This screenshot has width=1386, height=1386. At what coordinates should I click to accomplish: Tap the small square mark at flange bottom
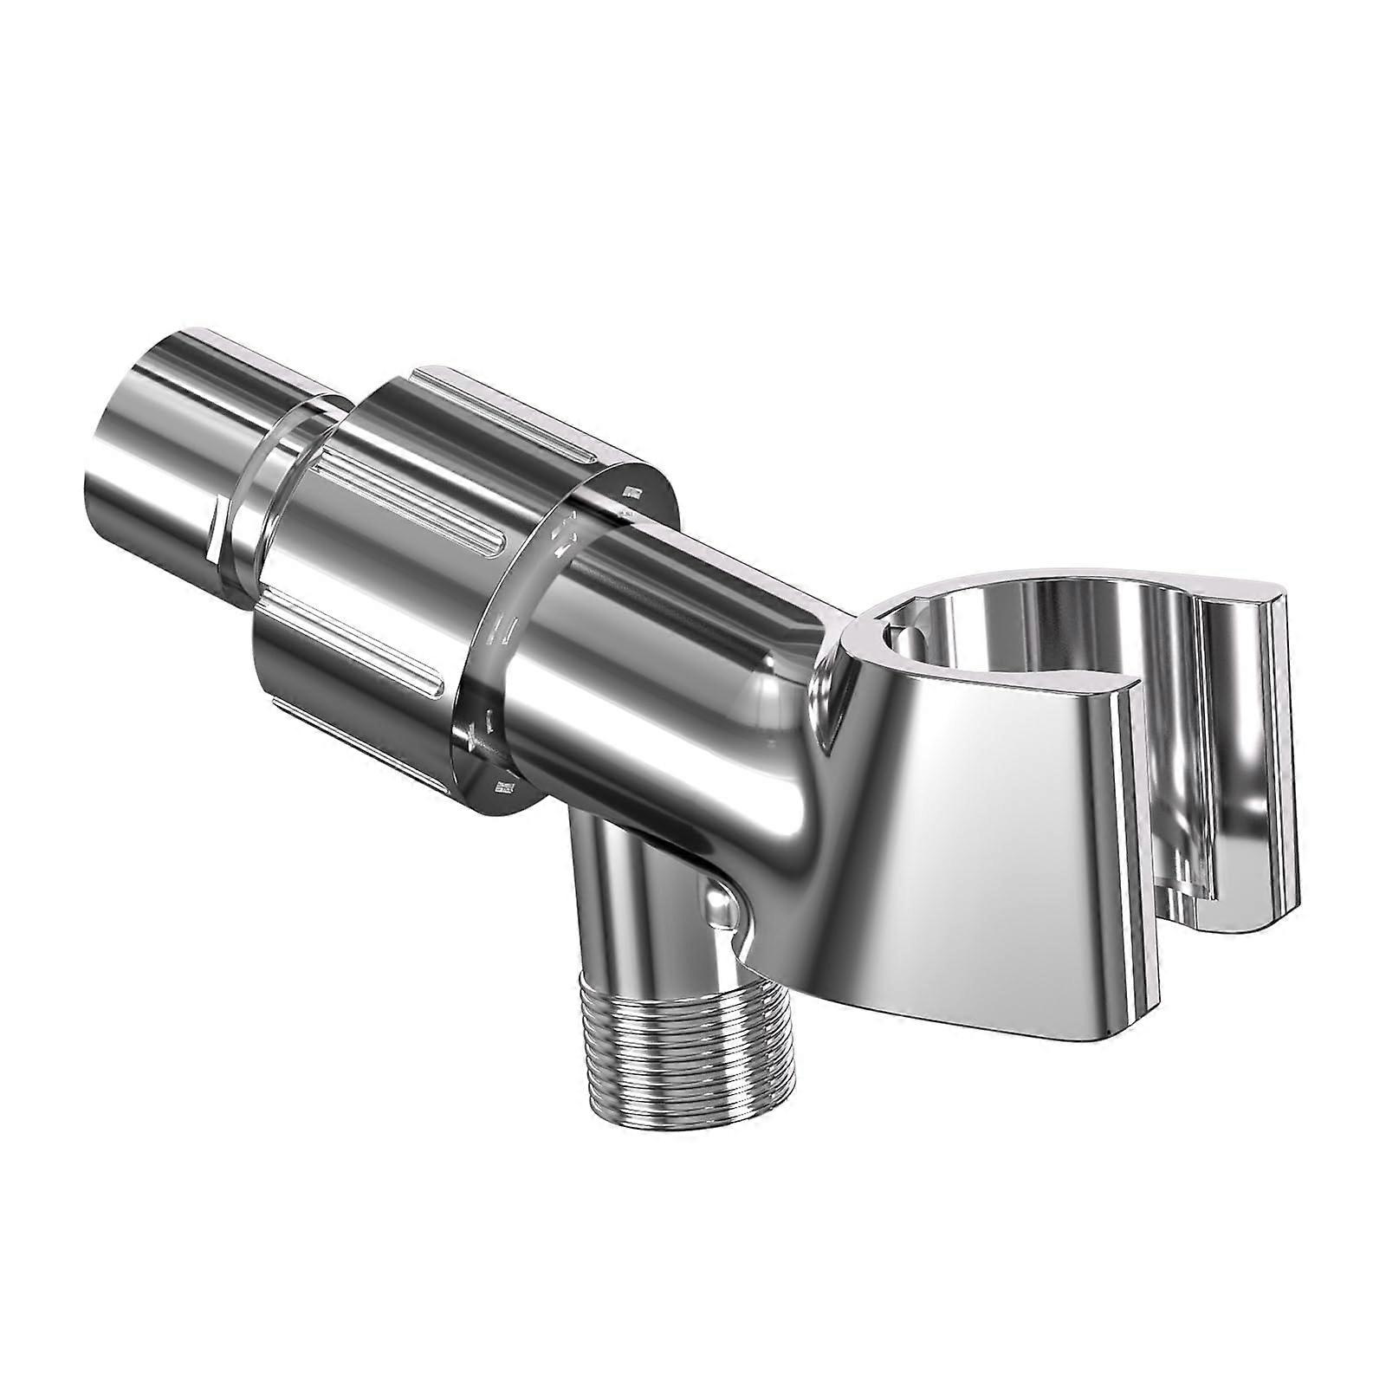pos(501,787)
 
